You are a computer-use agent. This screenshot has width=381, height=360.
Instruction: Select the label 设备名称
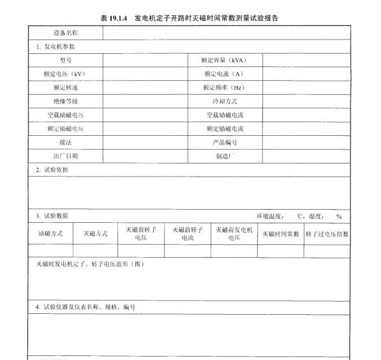[65, 33]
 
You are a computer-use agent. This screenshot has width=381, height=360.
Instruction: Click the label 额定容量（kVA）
[224, 60]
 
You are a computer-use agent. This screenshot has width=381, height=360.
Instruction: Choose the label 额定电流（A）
[224, 74]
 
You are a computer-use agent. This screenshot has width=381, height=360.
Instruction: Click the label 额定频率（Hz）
[224, 87]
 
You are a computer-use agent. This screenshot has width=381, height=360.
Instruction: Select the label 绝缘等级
[65, 101]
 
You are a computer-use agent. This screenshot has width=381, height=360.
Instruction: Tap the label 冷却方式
[224, 101]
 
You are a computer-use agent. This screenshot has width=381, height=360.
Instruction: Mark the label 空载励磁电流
[224, 115]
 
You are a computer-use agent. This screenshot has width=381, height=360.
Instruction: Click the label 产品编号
[224, 142]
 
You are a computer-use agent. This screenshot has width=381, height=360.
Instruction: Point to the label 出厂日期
[65, 156]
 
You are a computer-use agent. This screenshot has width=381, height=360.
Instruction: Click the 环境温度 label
[270, 217]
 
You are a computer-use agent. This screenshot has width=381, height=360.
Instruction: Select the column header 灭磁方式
[96, 234]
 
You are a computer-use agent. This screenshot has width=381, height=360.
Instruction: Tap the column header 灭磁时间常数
[280, 234]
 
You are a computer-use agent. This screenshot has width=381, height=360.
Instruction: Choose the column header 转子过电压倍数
[327, 234]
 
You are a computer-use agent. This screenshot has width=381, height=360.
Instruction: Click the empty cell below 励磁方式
[50, 251]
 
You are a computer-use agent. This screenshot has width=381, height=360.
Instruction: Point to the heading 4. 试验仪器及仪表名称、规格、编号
[85, 307]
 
